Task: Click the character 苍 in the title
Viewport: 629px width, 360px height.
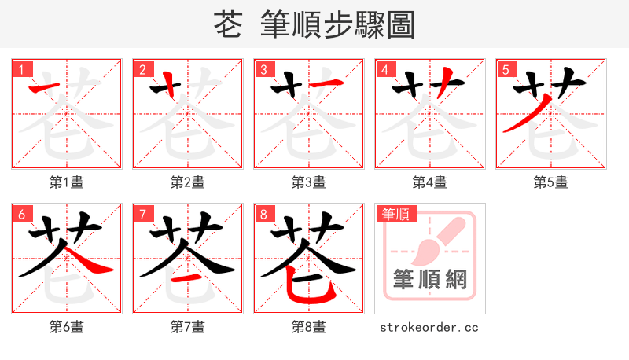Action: (227, 25)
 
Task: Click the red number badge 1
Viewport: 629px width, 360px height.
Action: (21, 69)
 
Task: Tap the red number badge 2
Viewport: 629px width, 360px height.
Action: (142, 69)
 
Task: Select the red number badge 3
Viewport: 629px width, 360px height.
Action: (263, 69)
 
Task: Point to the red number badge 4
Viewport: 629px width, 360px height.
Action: (384, 69)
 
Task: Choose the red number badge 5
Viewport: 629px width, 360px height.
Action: (506, 69)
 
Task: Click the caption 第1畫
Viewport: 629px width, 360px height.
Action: (66, 182)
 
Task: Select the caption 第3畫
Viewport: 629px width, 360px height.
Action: (308, 182)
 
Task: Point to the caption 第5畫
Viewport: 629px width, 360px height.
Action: (550, 182)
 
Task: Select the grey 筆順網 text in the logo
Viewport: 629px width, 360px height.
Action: (429, 280)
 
